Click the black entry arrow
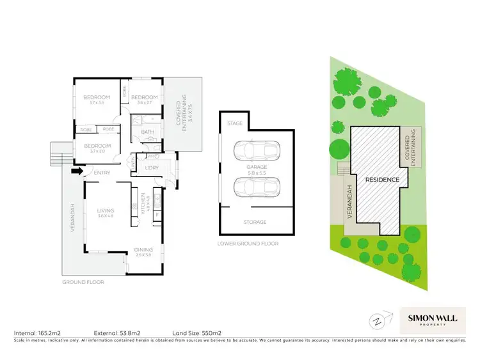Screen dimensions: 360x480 click(x=76, y=171)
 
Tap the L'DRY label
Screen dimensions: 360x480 click(x=152, y=168)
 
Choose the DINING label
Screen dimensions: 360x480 click(x=143, y=249)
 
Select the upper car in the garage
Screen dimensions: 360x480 click(x=256, y=151)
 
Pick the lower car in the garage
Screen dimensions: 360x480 click(x=256, y=188)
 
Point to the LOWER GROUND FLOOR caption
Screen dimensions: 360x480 click(x=248, y=244)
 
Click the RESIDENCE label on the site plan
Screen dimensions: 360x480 click(x=382, y=180)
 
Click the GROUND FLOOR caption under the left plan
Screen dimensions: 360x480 click(x=83, y=281)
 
